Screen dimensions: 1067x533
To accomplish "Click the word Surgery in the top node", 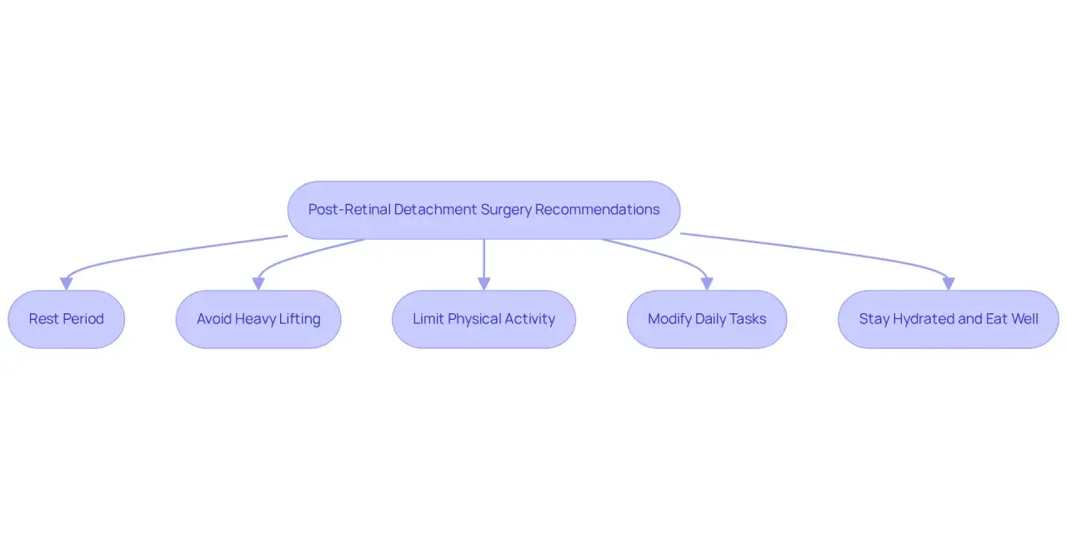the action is (x=505, y=210).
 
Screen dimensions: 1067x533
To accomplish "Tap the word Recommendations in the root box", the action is (x=598, y=209).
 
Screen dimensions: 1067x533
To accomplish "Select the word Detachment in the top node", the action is (x=435, y=209).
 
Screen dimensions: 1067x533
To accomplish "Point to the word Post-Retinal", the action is (x=349, y=209).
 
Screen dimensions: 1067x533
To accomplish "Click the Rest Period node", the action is (x=66, y=319).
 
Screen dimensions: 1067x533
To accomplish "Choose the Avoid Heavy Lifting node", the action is (x=258, y=319).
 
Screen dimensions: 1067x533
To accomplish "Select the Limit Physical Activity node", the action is (x=484, y=319).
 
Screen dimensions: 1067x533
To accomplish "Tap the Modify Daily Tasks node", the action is (x=707, y=319).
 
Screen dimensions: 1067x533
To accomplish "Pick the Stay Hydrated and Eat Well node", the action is (x=949, y=319).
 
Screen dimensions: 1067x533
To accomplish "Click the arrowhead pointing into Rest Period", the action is (x=66, y=284).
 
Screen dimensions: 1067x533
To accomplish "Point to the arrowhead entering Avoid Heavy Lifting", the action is (x=258, y=284).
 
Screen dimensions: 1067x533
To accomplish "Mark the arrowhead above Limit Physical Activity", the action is (x=484, y=284).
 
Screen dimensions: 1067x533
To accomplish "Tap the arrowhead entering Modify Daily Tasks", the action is (x=707, y=284).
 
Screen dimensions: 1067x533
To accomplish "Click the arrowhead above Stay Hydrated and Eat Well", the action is (x=949, y=284).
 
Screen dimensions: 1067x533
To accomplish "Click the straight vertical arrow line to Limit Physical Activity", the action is (x=484, y=259).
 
